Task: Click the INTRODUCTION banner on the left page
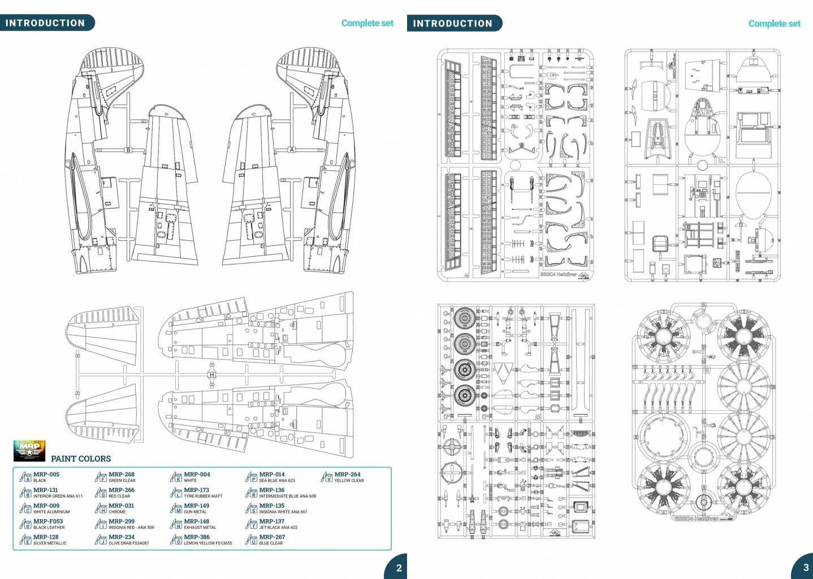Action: pyautogui.click(x=45, y=23)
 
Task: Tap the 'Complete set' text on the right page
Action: pyautogui.click(x=774, y=24)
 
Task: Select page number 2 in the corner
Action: pyautogui.click(x=399, y=568)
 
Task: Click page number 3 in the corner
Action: pyautogui.click(x=806, y=567)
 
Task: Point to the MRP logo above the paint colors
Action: pyautogui.click(x=29, y=451)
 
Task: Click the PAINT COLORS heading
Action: pyautogui.click(x=81, y=459)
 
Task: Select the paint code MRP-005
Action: pyautogui.click(x=46, y=474)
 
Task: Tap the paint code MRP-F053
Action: pyautogui.click(x=47, y=521)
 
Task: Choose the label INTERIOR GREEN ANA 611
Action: pyautogui.click(x=58, y=496)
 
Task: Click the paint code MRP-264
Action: pyautogui.click(x=347, y=474)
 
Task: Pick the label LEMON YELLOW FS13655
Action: pyautogui.click(x=207, y=543)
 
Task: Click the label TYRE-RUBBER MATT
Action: pyautogui.click(x=203, y=496)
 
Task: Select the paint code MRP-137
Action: pyautogui.click(x=271, y=521)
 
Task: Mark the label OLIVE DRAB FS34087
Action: pyautogui.click(x=129, y=543)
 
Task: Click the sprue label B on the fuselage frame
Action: pyautogui.click(x=128, y=150)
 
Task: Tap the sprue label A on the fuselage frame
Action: pyautogui.click(x=292, y=150)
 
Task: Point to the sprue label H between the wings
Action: pyautogui.click(x=211, y=375)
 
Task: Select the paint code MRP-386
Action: pyautogui.click(x=196, y=537)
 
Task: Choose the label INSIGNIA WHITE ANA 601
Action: pyautogui.click(x=283, y=512)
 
